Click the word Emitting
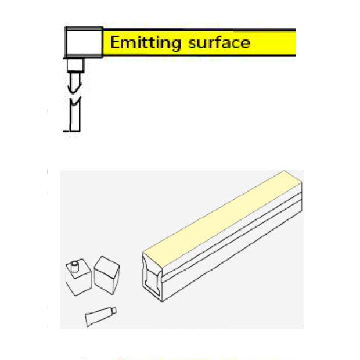[146, 43]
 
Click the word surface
[219, 42]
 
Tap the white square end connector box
[84, 42]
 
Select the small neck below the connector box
[75, 65]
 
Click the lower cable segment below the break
[75, 115]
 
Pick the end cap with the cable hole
[78, 277]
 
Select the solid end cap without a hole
[107, 275]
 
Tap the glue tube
[100, 316]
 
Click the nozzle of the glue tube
[114, 311]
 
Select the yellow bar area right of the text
[273, 43]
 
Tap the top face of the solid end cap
[107, 265]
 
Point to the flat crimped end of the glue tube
[87, 320]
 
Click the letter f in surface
[213, 42]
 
